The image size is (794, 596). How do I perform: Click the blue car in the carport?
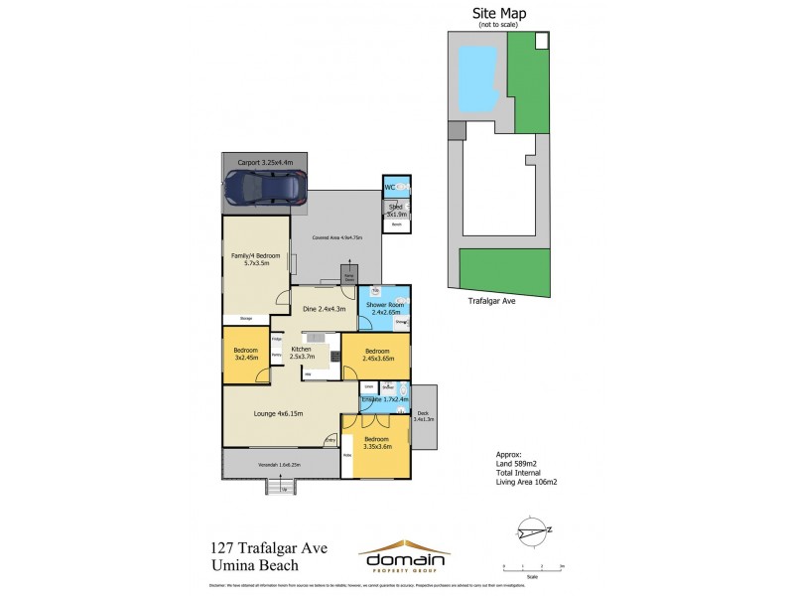coord(264,186)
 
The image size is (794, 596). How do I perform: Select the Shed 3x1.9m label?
coord(396,211)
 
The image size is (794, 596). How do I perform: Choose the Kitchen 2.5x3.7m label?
coord(301,353)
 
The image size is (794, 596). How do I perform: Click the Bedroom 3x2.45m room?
coord(245,354)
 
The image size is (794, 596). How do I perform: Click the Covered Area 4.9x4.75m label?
coord(337,237)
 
